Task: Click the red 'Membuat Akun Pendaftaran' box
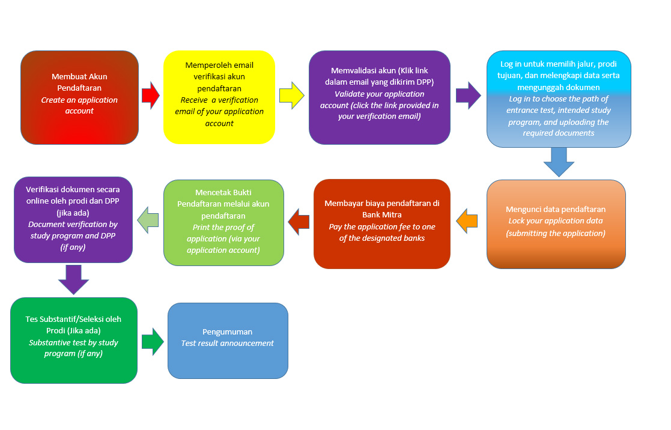tap(80, 97)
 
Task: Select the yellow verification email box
tap(219, 97)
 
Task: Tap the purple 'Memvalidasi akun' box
tap(380, 97)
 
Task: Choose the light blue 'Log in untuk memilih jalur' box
tap(559, 99)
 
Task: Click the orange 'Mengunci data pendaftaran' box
tap(556, 224)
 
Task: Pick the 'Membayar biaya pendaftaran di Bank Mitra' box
tap(382, 224)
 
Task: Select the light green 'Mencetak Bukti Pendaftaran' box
tap(224, 222)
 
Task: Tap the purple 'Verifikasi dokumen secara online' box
tap(73, 219)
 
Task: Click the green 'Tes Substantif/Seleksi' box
tap(74, 341)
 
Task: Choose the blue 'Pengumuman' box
tap(228, 341)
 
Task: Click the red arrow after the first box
tap(151, 95)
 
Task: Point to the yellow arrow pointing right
tap(292, 95)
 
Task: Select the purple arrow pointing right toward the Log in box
tap(469, 95)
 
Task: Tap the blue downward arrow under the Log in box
tap(559, 162)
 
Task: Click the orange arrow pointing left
tap(467, 221)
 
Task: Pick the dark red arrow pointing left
tap(299, 222)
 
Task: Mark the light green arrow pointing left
tap(148, 220)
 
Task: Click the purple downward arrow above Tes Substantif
tap(74, 280)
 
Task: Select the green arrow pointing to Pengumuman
tap(153, 342)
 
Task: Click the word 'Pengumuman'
tap(227, 332)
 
